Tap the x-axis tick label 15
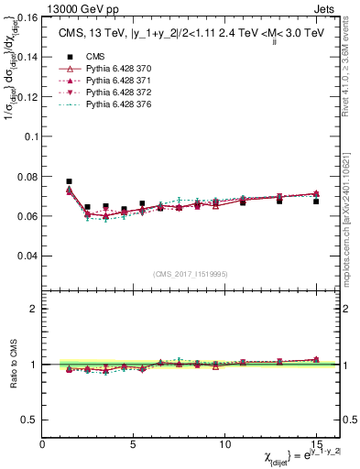(315, 443)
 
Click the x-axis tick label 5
(134, 443)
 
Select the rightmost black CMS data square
(316, 201)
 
